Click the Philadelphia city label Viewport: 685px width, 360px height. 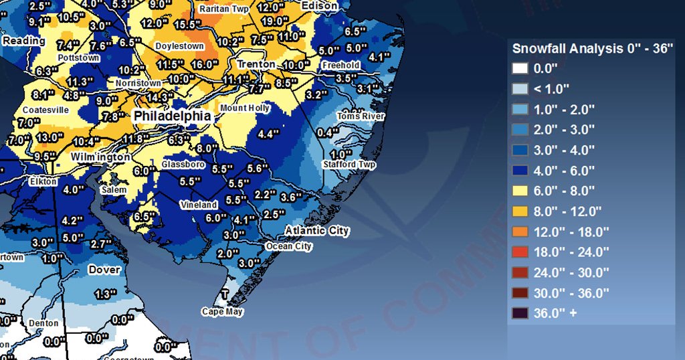(x=173, y=116)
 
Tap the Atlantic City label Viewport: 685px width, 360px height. (x=317, y=231)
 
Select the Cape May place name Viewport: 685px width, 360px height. (x=223, y=312)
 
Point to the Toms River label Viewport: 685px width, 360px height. (x=361, y=116)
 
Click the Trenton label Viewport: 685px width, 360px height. (x=256, y=64)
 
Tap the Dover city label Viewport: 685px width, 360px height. (x=104, y=270)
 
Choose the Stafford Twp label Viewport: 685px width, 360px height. (x=349, y=165)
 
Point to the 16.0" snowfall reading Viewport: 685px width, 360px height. (x=205, y=65)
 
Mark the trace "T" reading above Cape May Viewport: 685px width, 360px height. (x=225, y=295)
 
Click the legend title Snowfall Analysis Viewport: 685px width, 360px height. (x=592, y=49)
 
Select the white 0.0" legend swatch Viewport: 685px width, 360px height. (x=520, y=68)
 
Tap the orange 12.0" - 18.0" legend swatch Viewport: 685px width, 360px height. (x=520, y=232)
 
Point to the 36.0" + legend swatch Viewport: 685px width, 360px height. (x=520, y=313)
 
